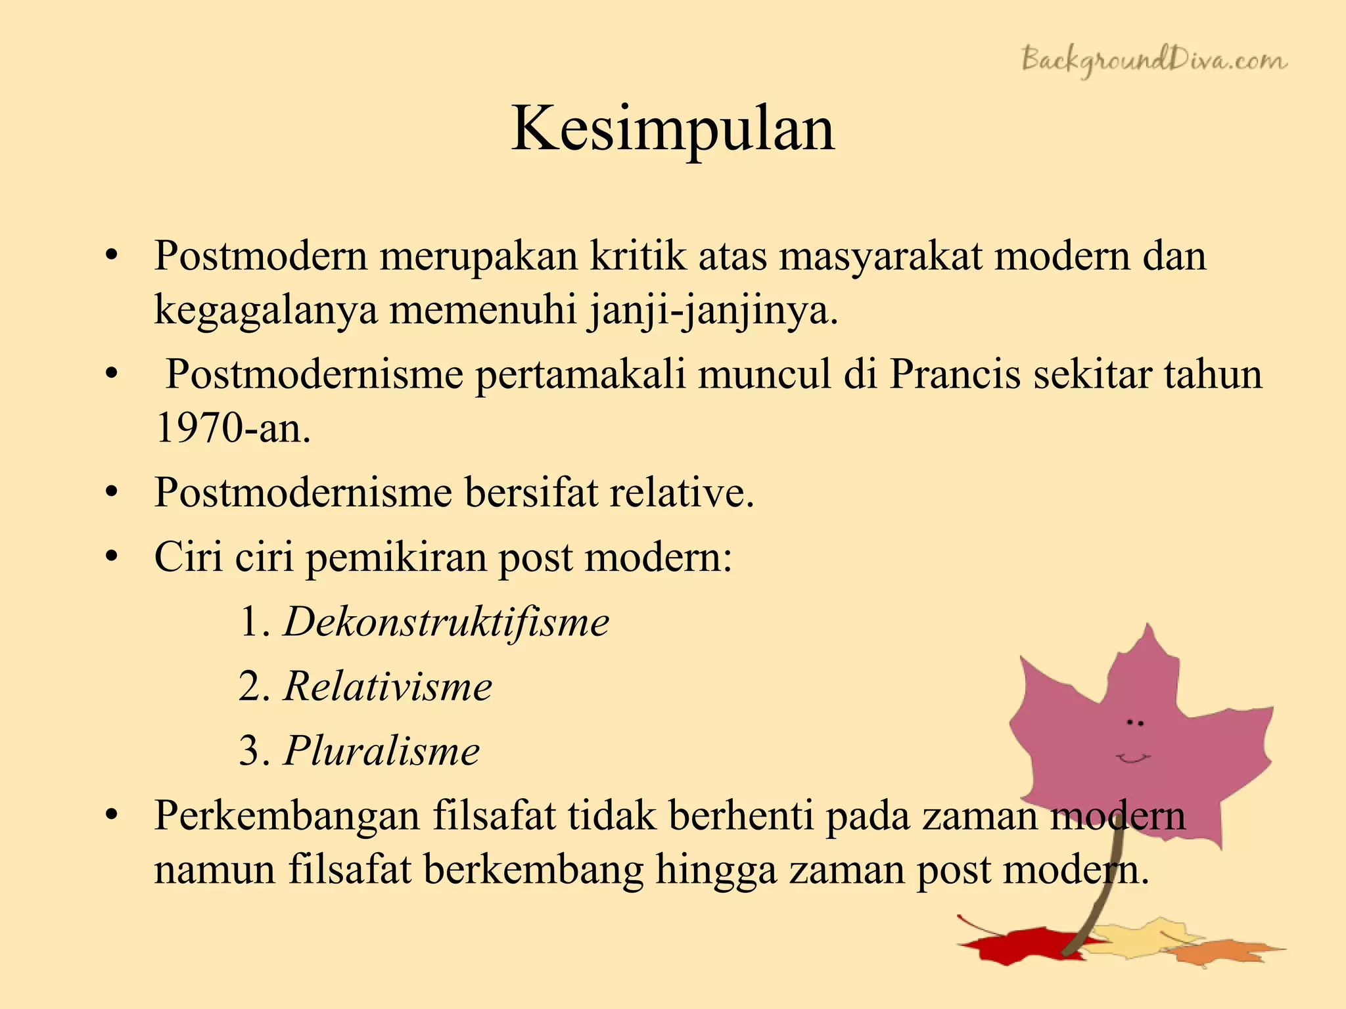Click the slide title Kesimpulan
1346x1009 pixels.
(673, 129)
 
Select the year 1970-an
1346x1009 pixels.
(233, 428)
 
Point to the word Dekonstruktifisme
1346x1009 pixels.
(446, 622)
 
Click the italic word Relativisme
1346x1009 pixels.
(388, 686)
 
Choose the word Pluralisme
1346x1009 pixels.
(381, 751)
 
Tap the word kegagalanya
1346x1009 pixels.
(266, 310)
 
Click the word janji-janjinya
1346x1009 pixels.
(712, 310)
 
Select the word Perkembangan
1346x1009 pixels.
(287, 816)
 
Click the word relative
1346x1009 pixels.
(681, 493)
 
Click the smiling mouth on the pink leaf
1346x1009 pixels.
(1133, 759)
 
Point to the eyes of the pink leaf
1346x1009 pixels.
(1135, 723)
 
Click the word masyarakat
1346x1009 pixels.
(880, 256)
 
